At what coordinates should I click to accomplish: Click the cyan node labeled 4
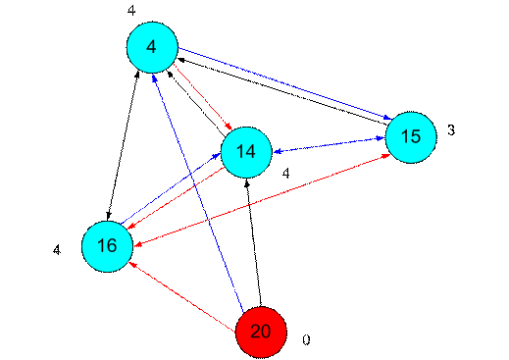click(152, 47)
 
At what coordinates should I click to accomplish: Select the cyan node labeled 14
click(245, 152)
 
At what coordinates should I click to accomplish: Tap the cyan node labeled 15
click(410, 136)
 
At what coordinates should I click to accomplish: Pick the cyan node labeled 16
click(107, 246)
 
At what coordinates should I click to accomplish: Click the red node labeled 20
click(261, 332)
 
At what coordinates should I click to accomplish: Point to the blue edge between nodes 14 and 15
click(328, 144)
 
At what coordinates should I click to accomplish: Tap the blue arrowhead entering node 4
click(158, 77)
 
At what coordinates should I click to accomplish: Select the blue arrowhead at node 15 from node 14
click(382, 139)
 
